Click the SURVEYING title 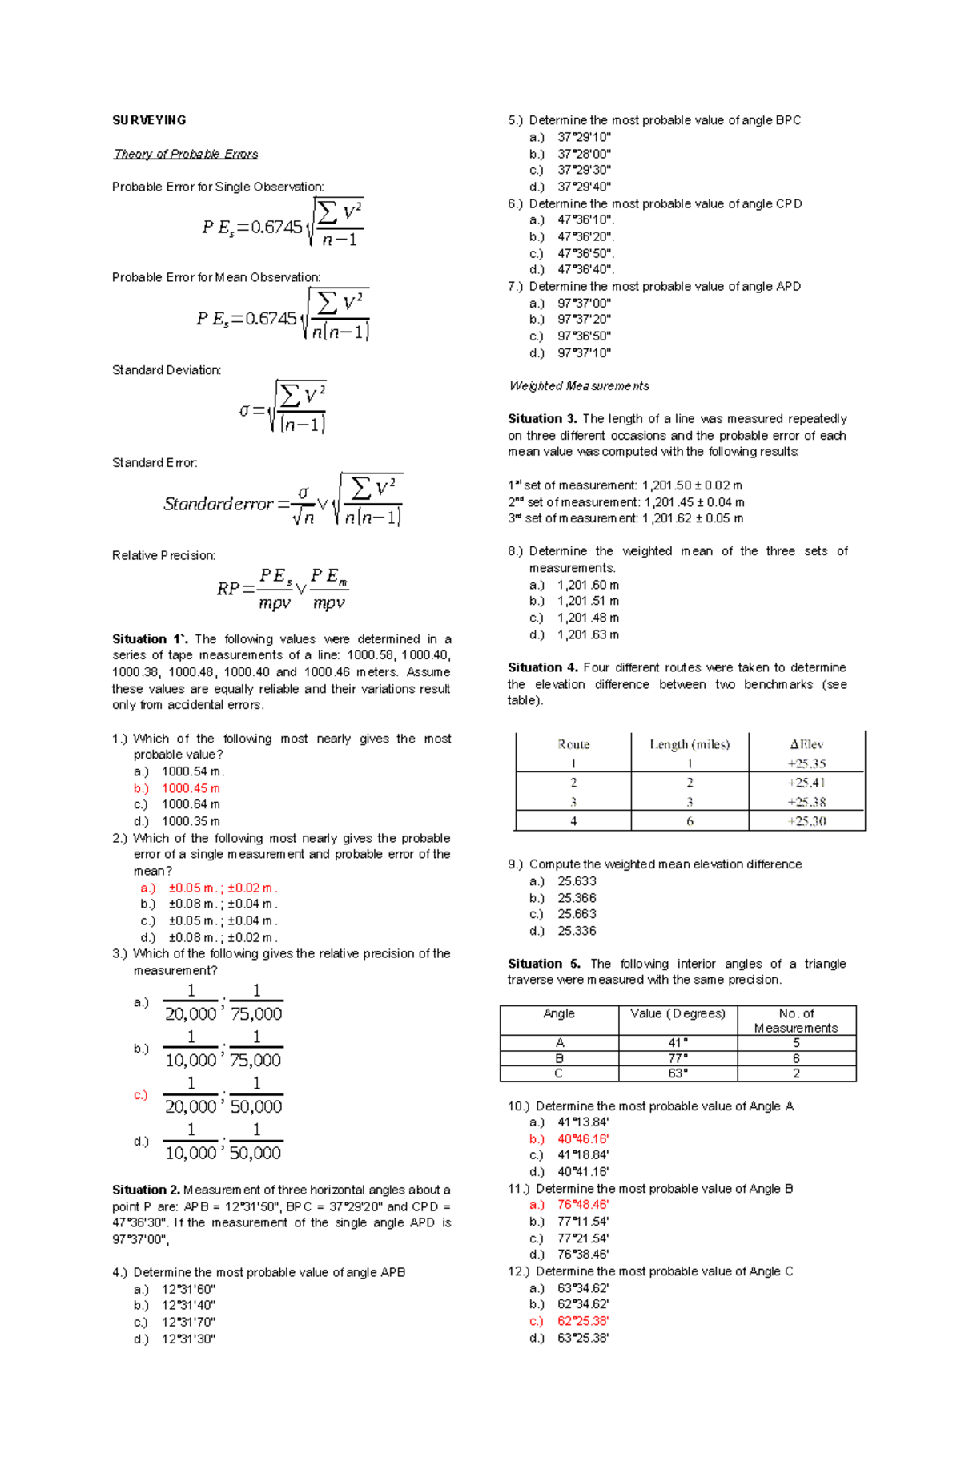pyautogui.click(x=149, y=120)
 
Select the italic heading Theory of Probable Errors pyautogui.click(x=186, y=154)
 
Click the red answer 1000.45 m pyautogui.click(x=191, y=788)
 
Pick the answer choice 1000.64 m pyautogui.click(x=191, y=804)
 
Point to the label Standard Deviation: pyautogui.click(x=167, y=370)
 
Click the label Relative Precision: pyautogui.click(x=163, y=555)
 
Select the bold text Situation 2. pyautogui.click(x=146, y=1190)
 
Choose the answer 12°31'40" pyautogui.click(x=188, y=1305)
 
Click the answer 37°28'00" pyautogui.click(x=584, y=154)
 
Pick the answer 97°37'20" pyautogui.click(x=584, y=320)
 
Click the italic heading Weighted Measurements pyautogui.click(x=579, y=386)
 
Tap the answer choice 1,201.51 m pyautogui.click(x=588, y=601)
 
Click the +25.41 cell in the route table pyautogui.click(x=806, y=783)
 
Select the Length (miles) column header pyautogui.click(x=690, y=744)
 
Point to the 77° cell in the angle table pyautogui.click(x=678, y=1058)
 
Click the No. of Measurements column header pyautogui.click(x=796, y=1021)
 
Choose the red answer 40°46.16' pyautogui.click(x=583, y=1138)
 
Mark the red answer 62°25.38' pyautogui.click(x=583, y=1321)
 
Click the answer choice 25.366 pyautogui.click(x=577, y=898)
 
